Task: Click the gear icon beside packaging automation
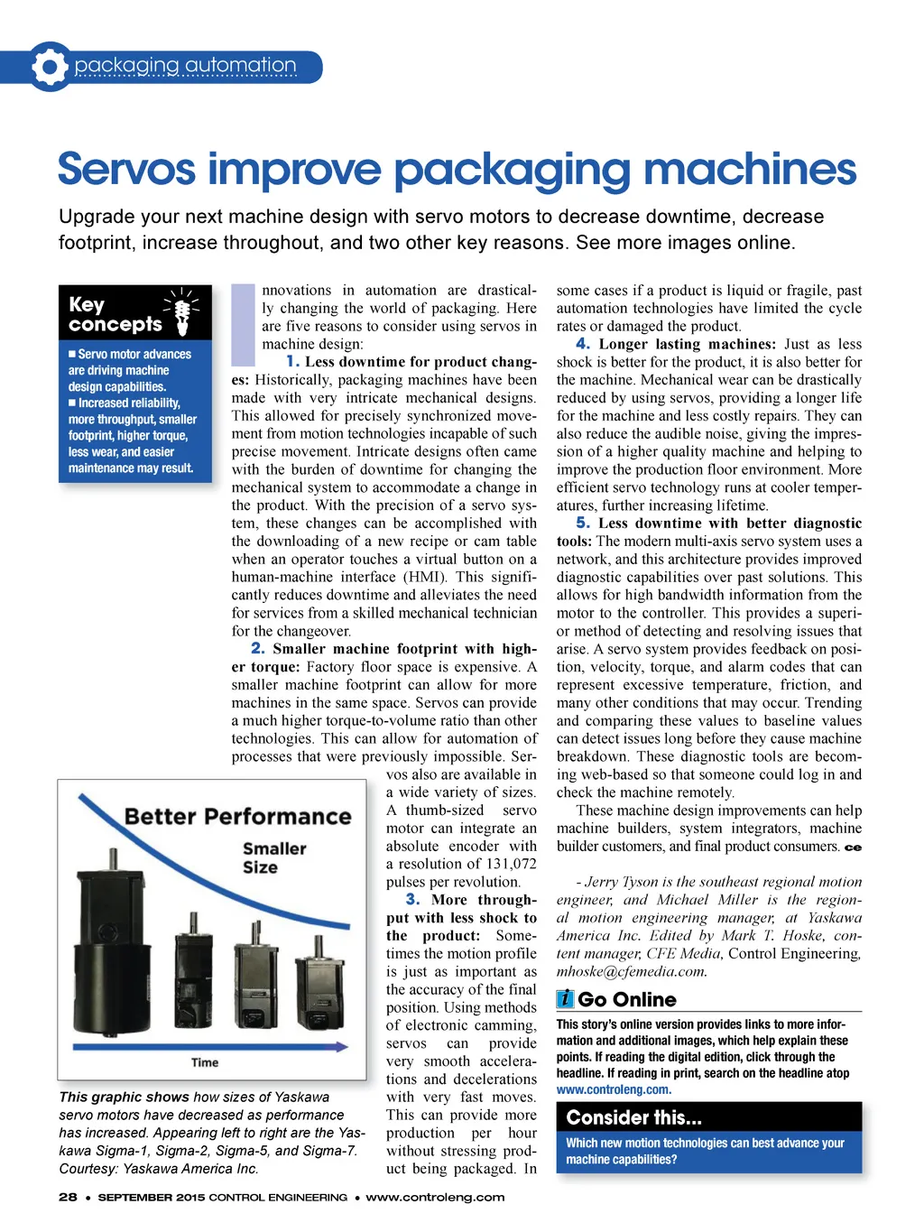(50, 66)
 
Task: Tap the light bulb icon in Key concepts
(182, 311)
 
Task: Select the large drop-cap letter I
(243, 323)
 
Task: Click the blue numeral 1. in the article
(292, 361)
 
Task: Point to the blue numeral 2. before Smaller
(258, 648)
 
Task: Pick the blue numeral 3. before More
(412, 899)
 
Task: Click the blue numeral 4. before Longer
(583, 344)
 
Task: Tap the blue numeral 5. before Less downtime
(583, 523)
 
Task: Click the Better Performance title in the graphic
(237, 816)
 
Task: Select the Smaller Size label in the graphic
(273, 857)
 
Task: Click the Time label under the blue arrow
(205, 1062)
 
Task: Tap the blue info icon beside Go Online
(565, 998)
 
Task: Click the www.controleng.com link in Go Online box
(614, 1089)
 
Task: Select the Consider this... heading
(633, 1117)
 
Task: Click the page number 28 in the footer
(68, 1197)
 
